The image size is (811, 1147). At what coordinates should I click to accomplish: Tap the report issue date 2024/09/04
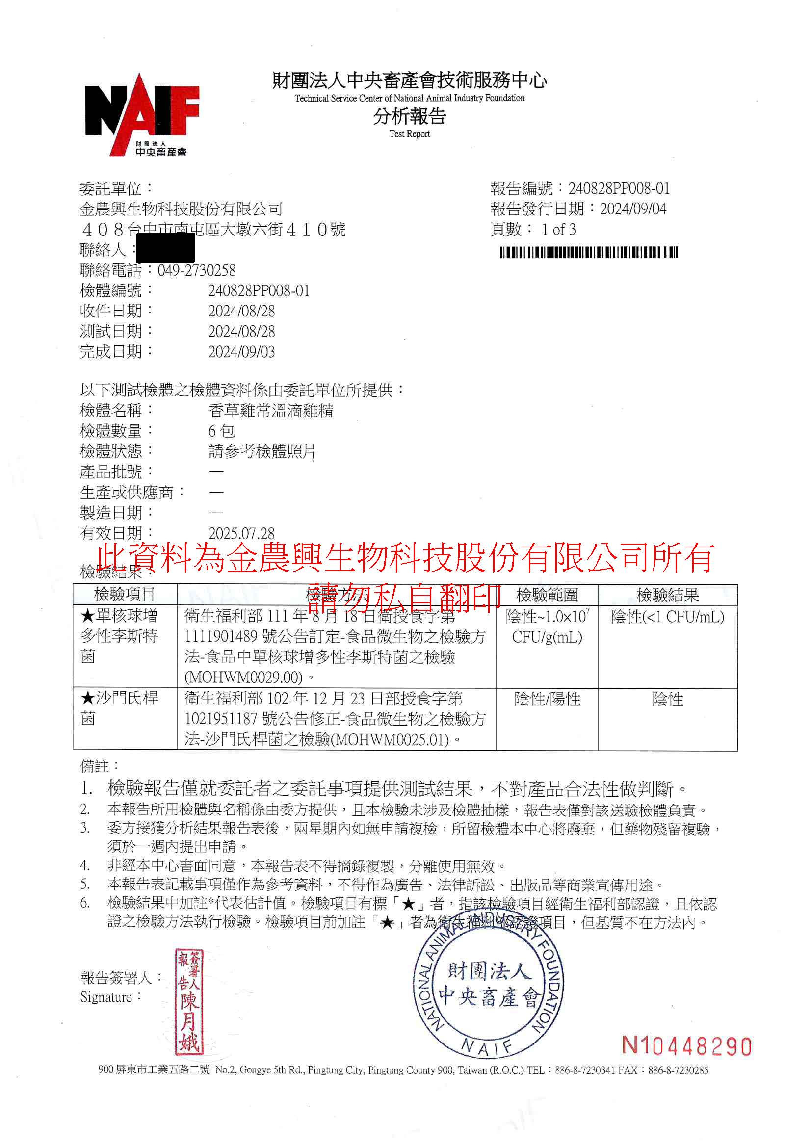[x=632, y=209]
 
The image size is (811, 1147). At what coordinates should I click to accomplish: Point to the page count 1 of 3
[x=558, y=230]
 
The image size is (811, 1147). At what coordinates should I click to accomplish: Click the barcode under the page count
[x=589, y=252]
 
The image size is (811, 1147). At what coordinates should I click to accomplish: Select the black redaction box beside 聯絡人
[x=165, y=248]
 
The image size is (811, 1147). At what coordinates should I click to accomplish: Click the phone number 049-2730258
[x=196, y=270]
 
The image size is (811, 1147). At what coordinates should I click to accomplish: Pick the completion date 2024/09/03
[x=241, y=352]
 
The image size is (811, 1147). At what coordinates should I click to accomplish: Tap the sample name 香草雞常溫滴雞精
[x=270, y=411]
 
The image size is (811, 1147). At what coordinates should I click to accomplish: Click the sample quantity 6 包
[x=221, y=431]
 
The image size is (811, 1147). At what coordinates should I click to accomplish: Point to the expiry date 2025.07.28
[x=241, y=533]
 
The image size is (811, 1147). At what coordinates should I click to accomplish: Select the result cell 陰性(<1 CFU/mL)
[x=667, y=617]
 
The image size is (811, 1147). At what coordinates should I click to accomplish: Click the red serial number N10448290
[x=686, y=1046]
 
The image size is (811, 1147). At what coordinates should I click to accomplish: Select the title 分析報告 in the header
[x=409, y=116]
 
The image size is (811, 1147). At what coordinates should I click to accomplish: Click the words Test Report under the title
[x=409, y=134]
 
